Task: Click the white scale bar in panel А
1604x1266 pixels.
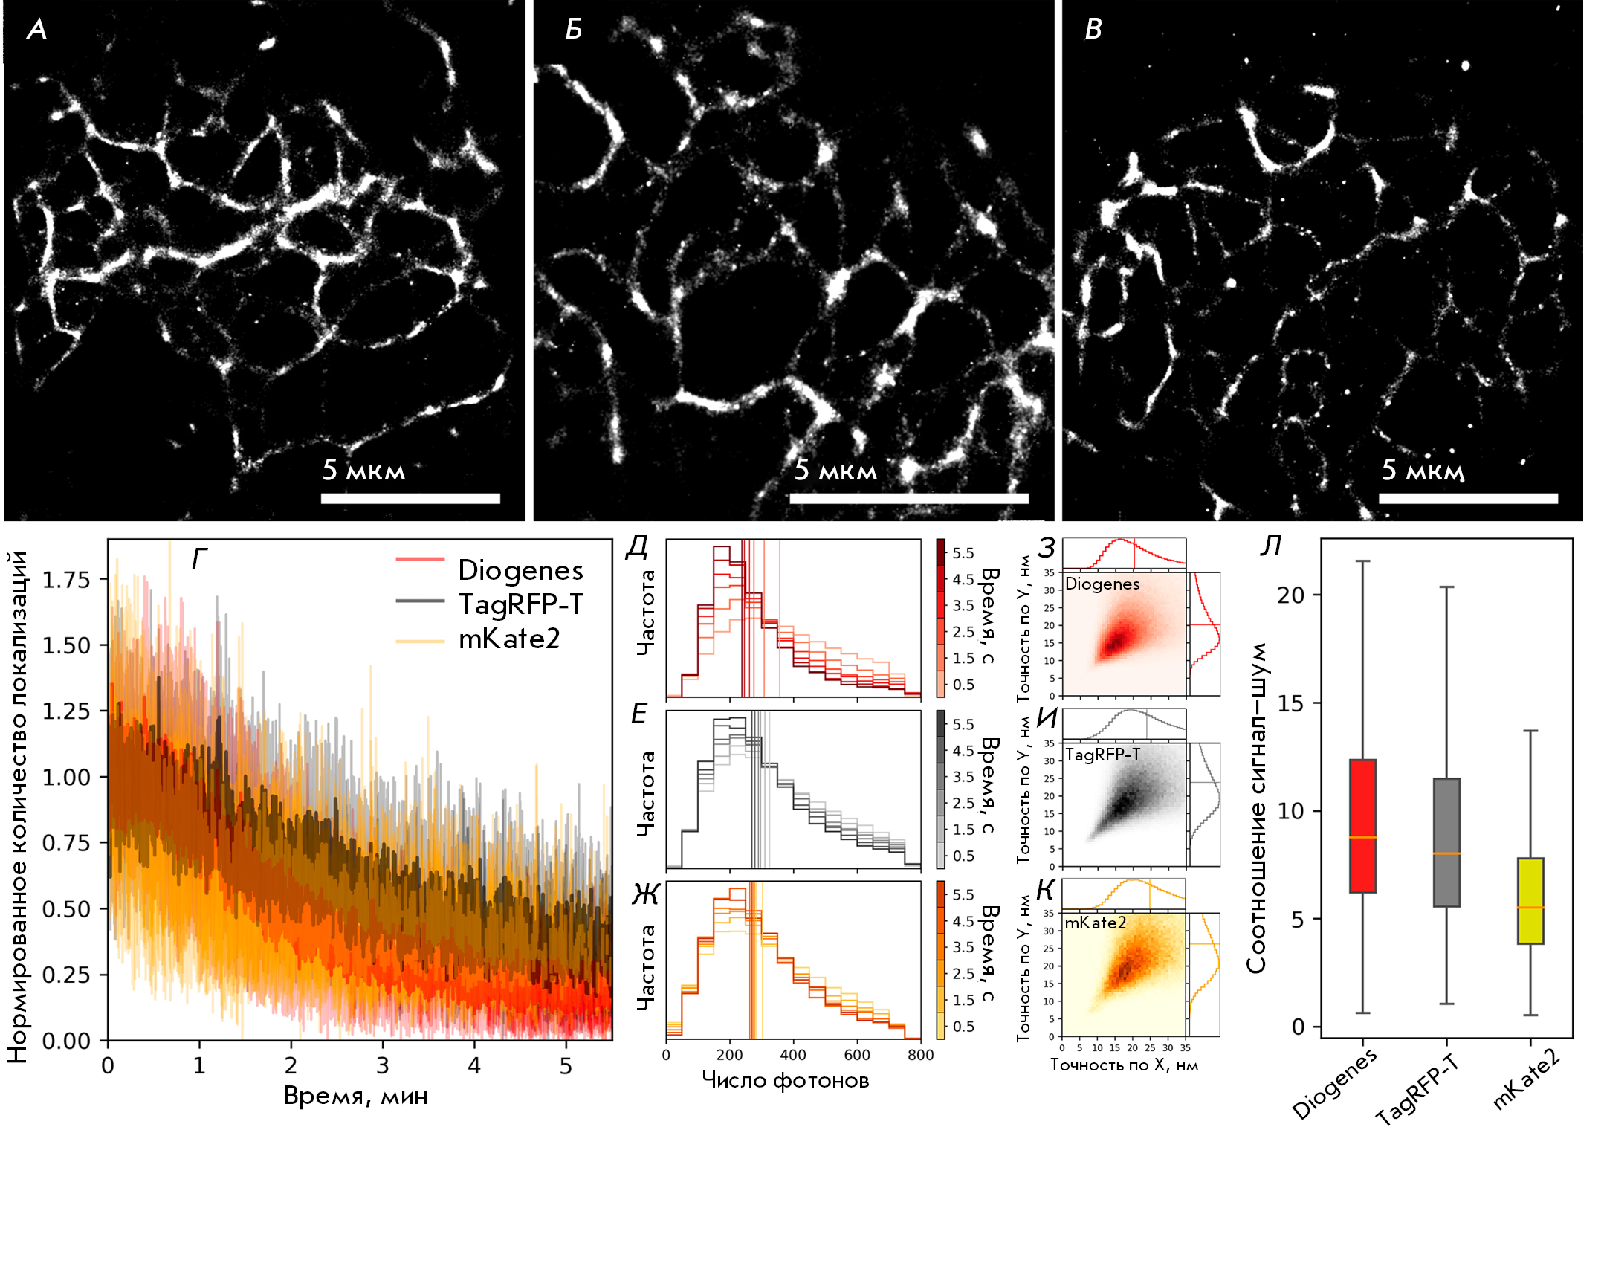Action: [410, 498]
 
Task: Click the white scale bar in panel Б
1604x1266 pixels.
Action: [908, 498]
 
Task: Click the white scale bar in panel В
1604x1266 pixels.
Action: [1468, 498]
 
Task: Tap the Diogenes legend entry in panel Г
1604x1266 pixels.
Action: [520, 570]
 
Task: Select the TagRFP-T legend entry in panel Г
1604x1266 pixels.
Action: [520, 604]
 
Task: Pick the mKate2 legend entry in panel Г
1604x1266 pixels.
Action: [508, 638]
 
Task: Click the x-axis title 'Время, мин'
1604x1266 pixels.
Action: [355, 1096]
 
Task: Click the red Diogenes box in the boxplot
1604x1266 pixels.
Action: [1362, 825]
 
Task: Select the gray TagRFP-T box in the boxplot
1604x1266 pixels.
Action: [1446, 842]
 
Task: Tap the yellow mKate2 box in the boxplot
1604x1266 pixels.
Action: [1530, 900]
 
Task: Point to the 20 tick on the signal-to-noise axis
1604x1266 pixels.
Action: [1290, 595]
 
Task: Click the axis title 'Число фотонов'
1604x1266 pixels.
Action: [785, 1080]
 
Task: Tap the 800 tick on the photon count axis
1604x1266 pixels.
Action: [920, 1055]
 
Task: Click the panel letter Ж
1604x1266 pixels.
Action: [644, 894]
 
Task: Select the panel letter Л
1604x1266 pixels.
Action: [1270, 546]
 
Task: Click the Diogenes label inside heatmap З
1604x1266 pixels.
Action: [1102, 584]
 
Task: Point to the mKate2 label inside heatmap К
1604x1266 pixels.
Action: [1095, 923]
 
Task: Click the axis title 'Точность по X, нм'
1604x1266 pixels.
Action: [1123, 1065]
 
